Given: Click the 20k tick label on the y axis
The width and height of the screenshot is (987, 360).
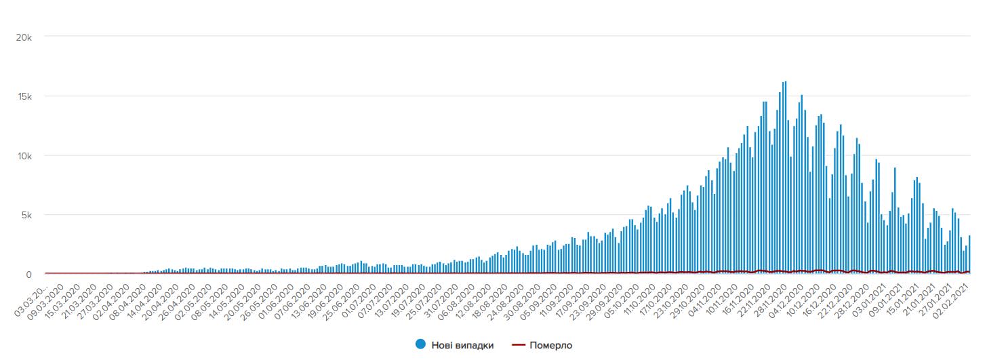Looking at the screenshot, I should (24, 37).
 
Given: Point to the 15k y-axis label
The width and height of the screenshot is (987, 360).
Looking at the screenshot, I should (24, 96).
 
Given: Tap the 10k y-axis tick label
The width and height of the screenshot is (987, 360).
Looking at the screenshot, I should (24, 156).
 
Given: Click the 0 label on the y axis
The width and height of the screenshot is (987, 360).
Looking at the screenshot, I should (29, 275).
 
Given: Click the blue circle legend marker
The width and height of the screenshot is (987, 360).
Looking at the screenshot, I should (420, 345).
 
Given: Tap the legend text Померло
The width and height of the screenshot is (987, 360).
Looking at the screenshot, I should (550, 345).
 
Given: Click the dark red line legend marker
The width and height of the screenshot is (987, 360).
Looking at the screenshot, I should (519, 345).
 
